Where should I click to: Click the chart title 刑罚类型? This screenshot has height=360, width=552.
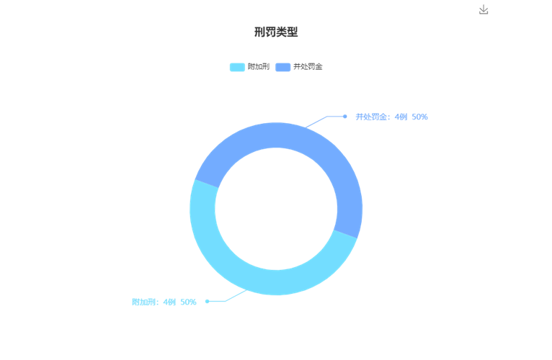276,32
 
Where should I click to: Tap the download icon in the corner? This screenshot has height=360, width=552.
484,9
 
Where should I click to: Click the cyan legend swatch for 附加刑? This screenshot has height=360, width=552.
237,67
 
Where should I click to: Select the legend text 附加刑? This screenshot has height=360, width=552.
259,66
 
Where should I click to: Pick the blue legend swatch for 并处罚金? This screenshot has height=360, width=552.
282,67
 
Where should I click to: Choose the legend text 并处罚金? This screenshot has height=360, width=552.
308,66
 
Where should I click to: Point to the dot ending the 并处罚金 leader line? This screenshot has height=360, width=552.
345,116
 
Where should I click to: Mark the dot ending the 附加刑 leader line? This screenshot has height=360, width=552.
208,301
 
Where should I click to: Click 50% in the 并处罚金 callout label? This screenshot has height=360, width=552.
419,117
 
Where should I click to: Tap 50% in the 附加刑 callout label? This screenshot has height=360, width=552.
188,302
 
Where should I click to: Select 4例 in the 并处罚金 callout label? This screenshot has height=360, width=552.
401,117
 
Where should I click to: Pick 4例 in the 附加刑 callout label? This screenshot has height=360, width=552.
169,302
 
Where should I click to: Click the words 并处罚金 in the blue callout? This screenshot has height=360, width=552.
370,117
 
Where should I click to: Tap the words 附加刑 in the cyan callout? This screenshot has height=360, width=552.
143,302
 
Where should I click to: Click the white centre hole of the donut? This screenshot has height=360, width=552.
276,209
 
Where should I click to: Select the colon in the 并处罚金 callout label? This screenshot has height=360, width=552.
388,117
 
